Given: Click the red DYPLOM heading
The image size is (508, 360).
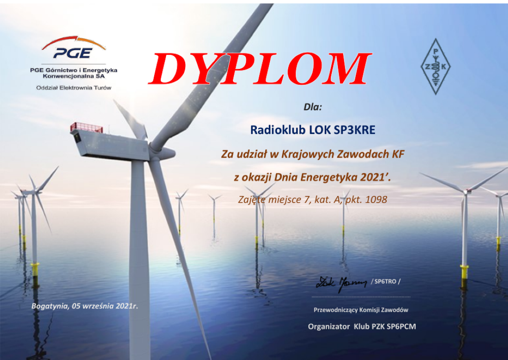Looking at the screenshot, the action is click(x=260, y=69).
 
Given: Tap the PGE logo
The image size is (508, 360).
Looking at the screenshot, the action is click(x=74, y=48).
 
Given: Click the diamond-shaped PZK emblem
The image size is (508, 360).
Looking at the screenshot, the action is click(x=435, y=67).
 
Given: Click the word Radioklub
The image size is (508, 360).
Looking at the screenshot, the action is click(x=278, y=130).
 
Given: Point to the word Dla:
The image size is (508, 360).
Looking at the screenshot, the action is click(x=313, y=107).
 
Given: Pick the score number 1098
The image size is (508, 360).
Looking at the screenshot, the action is click(x=376, y=200).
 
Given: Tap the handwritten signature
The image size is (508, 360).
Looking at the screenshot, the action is click(x=341, y=284).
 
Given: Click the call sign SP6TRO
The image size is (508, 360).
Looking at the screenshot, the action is click(x=385, y=282).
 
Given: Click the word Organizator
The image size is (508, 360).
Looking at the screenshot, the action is click(x=329, y=327).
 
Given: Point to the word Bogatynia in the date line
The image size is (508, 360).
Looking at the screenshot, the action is click(x=50, y=306).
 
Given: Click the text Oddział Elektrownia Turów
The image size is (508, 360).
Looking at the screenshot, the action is click(x=74, y=88).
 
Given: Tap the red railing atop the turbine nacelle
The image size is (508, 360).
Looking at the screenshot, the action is click(x=87, y=127).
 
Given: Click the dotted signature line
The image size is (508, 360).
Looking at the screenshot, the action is click(x=361, y=297).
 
